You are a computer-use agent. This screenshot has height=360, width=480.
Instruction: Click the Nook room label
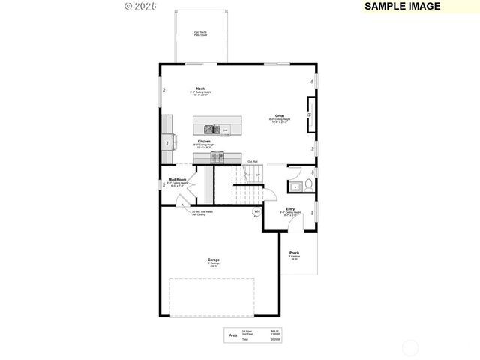coord(201,88)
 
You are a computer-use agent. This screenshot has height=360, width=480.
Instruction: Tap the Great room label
coord(279,116)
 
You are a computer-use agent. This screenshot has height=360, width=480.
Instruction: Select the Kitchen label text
coord(203,141)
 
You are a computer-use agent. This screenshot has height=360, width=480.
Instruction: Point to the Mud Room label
coord(176,179)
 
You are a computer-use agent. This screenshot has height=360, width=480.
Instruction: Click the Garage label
coord(214,260)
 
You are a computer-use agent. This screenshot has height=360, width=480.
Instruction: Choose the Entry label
coord(290,208)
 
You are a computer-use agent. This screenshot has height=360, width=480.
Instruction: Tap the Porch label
coord(294,253)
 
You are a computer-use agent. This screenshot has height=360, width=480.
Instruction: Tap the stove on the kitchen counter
coord(217,157)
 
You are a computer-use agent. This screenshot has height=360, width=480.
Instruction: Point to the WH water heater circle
coord(256,212)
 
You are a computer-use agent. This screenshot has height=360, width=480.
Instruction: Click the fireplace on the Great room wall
coord(309,115)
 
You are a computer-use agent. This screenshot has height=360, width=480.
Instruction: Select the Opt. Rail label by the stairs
coord(253,162)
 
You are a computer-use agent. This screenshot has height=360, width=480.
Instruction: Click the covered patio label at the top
coord(201,34)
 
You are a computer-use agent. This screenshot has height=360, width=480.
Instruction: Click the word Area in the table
coord(232,335)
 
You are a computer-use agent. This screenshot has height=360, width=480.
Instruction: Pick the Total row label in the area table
coord(244,340)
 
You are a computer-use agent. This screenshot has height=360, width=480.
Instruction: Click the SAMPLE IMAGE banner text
coord(402,6)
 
